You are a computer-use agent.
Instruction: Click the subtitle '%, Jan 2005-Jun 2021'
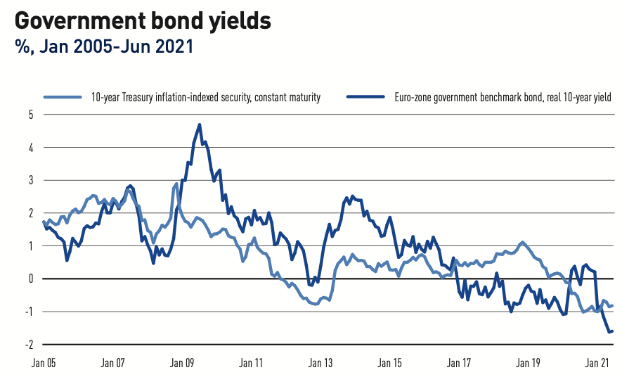pyautogui.click(x=103, y=47)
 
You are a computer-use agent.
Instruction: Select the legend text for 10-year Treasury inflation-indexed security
pyautogui.click(x=205, y=98)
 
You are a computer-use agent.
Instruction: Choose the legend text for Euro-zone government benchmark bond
pyautogui.click(x=503, y=98)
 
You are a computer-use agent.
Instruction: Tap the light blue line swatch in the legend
pyautogui.click(x=64, y=98)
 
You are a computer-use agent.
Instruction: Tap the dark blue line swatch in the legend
pyautogui.click(x=367, y=98)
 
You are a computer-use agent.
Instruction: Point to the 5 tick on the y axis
pyautogui.click(x=31, y=115)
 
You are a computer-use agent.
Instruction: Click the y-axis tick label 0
pyautogui.click(x=31, y=279)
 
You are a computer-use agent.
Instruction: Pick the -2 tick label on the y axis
pyautogui.click(x=29, y=345)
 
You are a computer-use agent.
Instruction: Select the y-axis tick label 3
pyautogui.click(x=31, y=180)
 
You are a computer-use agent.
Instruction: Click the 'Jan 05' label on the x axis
pyautogui.click(x=44, y=364)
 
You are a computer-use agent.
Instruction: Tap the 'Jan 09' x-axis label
pyautogui.click(x=182, y=364)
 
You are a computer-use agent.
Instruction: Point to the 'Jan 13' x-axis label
pyautogui.click(x=320, y=364)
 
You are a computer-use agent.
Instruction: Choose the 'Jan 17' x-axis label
pyautogui.click(x=459, y=364)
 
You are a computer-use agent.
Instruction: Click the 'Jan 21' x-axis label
pyautogui.click(x=597, y=364)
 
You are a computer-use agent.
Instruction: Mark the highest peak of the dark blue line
pyautogui.click(x=200, y=124)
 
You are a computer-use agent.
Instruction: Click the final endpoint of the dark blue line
pyautogui.click(x=613, y=331)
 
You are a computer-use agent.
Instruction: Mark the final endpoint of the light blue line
pyautogui.click(x=613, y=305)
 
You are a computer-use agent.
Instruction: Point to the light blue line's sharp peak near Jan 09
pyautogui.click(x=176, y=184)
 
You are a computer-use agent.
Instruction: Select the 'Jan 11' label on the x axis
pyautogui.click(x=251, y=364)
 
